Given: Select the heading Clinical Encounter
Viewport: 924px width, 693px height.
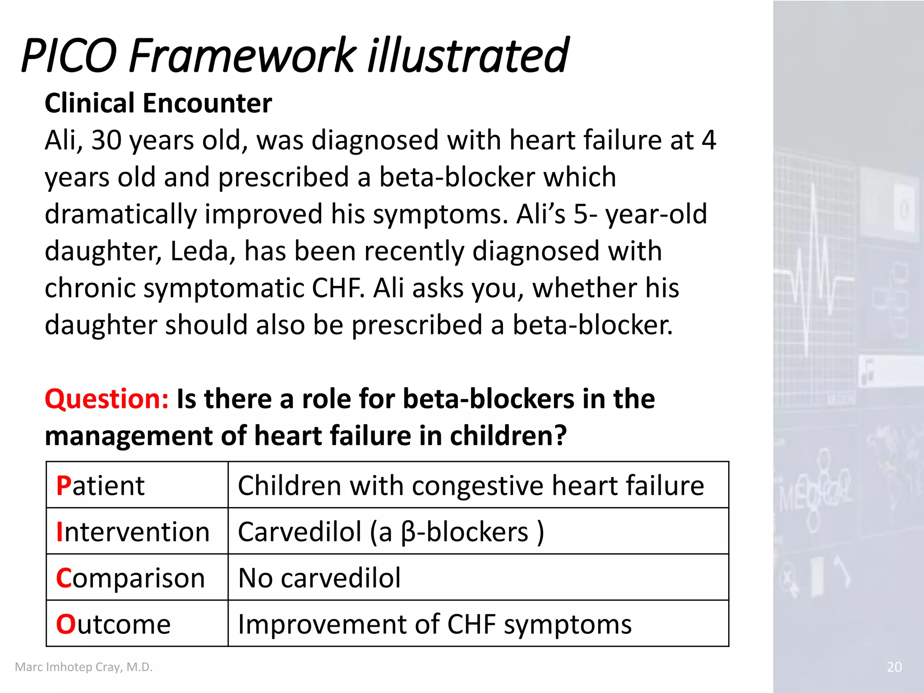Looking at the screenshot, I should [158, 103].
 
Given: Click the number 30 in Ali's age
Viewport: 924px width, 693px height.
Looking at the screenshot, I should [106, 140].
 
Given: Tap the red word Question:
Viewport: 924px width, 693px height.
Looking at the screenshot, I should [106, 399].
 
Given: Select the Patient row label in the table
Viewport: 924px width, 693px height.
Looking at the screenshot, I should [100, 486].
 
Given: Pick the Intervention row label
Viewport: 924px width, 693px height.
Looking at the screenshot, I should [133, 532].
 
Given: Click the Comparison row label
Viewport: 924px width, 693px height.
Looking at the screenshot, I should [130, 578].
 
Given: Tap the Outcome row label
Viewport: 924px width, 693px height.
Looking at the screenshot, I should [113, 624].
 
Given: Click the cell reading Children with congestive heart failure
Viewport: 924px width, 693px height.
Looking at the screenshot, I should [471, 486].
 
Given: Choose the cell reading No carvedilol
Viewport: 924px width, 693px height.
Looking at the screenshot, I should [319, 578].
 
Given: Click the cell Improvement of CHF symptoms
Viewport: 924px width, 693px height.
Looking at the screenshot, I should [434, 624].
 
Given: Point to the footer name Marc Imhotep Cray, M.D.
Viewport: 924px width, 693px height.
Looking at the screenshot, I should [84, 667].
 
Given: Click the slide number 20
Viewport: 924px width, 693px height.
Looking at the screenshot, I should [894, 667].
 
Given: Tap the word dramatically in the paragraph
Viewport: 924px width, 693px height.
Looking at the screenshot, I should [120, 214].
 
